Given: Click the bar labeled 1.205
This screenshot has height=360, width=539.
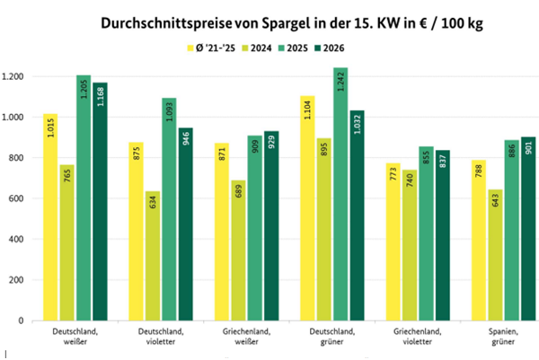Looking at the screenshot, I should click(x=83, y=198).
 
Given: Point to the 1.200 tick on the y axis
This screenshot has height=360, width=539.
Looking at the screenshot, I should click(x=15, y=76).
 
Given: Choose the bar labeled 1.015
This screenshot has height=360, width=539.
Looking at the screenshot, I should click(x=50, y=216).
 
